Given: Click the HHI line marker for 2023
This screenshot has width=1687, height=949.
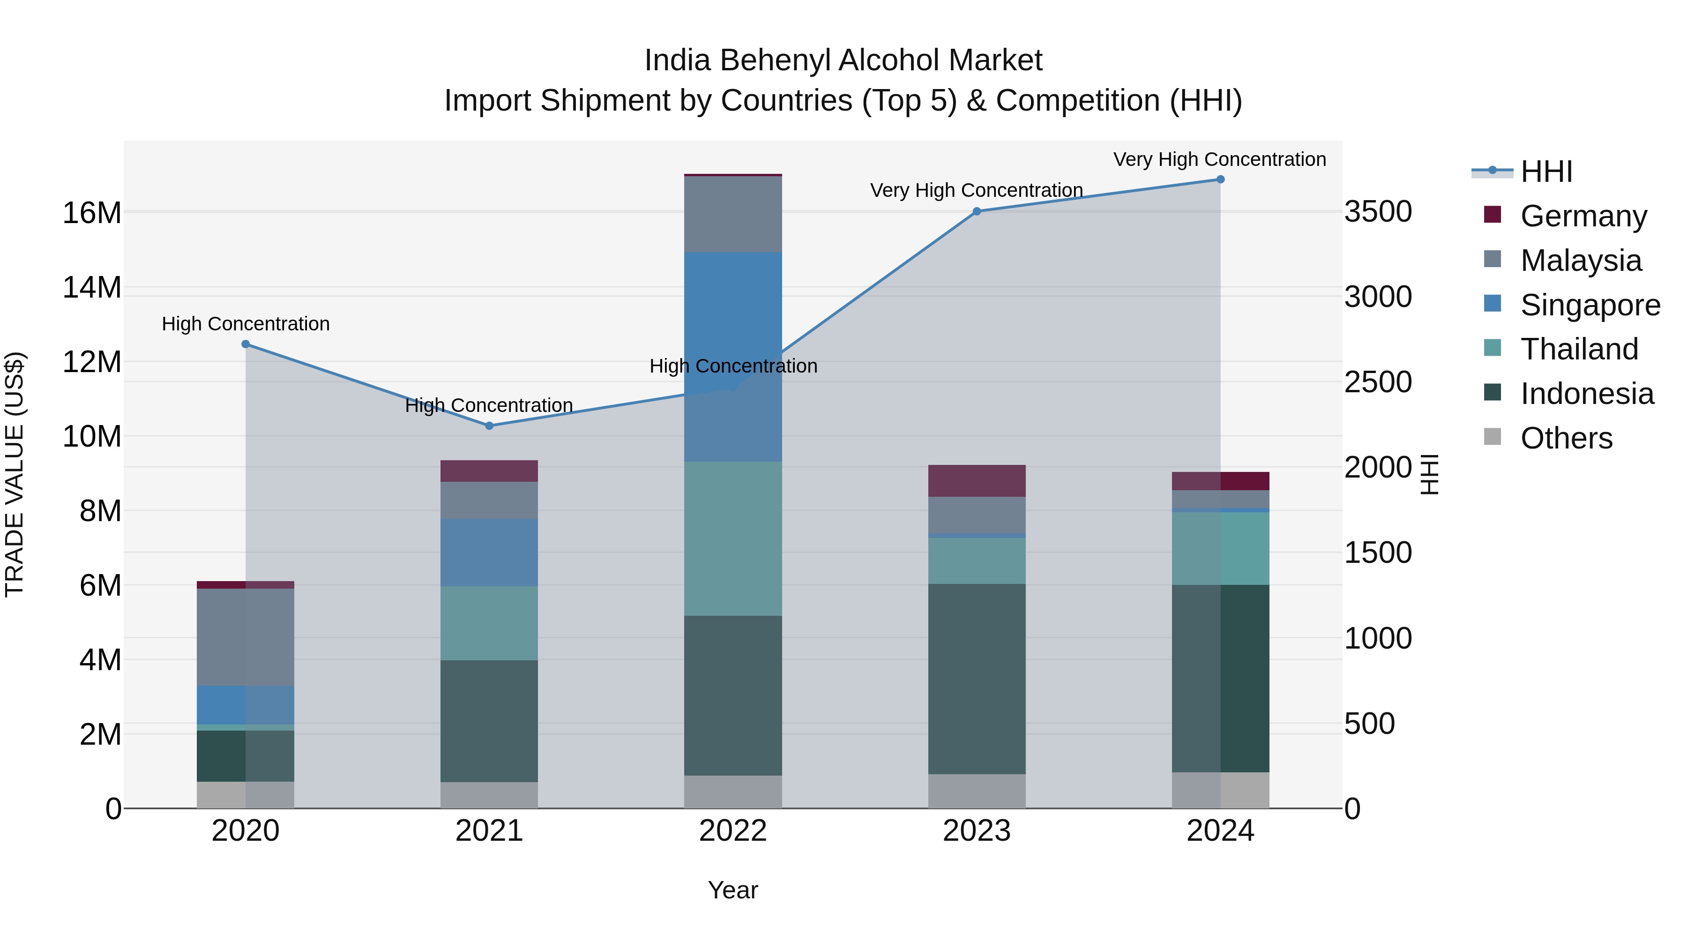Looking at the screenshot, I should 977,211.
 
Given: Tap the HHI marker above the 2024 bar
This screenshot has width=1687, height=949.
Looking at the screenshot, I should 1220,179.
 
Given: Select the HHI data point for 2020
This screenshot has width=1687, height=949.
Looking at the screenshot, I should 246,344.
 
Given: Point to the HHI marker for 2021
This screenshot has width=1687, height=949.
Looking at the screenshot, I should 489,426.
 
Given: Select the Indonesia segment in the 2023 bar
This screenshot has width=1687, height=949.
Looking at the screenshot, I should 977,679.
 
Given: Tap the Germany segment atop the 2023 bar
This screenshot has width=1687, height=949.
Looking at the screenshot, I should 977,481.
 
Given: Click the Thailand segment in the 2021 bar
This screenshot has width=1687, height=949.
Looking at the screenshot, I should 489,623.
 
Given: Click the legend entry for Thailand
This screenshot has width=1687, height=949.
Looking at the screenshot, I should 1579,349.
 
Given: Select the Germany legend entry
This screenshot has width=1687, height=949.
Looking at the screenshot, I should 1583,216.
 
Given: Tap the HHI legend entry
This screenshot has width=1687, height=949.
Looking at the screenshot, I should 1545,172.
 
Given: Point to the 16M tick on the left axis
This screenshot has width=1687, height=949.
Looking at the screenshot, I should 92,213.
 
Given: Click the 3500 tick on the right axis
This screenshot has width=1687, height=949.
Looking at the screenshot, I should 1378,211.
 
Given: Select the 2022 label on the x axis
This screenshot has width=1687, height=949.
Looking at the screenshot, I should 733,831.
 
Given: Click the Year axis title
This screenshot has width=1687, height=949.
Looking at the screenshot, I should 733,890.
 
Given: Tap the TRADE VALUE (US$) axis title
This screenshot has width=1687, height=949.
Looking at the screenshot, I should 15,474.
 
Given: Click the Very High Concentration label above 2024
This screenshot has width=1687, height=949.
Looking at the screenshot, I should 1219,159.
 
